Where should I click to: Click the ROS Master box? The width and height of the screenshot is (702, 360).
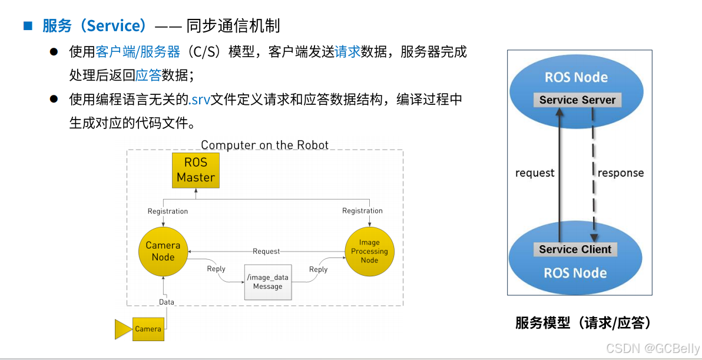point(196,170)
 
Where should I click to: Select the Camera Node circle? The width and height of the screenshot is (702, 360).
point(163,251)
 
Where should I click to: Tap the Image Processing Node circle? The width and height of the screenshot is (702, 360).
point(369,251)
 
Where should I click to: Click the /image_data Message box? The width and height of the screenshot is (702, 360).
point(267,282)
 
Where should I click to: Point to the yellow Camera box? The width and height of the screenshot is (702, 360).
point(148,329)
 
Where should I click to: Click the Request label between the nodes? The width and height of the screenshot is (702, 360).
point(266,251)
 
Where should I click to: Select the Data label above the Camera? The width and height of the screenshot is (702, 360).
point(167,302)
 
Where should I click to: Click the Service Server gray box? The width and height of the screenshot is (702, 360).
point(577,100)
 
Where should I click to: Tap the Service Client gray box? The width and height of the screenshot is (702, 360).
point(575,249)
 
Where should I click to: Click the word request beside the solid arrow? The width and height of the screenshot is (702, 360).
point(534,173)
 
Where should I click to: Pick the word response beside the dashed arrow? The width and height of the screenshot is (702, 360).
point(620,173)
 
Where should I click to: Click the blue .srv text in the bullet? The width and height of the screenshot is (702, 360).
point(200,99)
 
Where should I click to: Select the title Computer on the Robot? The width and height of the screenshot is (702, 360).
point(264,145)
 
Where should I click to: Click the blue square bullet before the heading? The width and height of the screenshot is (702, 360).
point(27,25)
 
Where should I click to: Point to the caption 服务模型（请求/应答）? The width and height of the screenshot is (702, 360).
point(582,322)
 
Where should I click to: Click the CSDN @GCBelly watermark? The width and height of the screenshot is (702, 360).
point(653,348)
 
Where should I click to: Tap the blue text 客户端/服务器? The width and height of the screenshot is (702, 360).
point(138,52)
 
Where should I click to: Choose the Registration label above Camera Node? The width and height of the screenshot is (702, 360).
point(168,211)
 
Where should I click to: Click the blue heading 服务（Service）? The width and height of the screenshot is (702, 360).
point(94,25)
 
